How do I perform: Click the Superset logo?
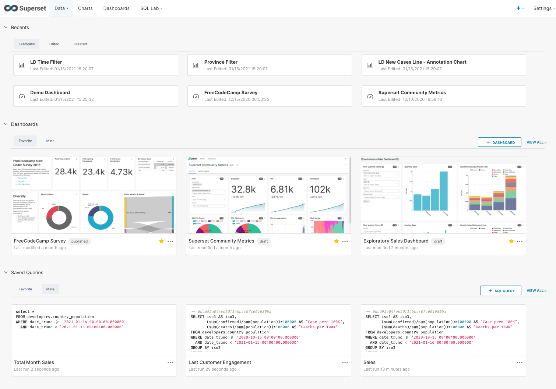tap(25, 8)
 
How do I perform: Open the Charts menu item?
tap(85, 8)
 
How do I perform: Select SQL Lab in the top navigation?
tap(149, 8)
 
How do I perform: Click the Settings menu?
tap(542, 8)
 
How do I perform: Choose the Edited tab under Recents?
tap(54, 44)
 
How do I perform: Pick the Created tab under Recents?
tap(80, 44)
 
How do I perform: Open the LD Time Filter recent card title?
tap(46, 62)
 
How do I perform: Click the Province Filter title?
tap(221, 62)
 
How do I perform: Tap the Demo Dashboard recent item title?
tap(50, 93)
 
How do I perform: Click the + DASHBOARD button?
tap(499, 142)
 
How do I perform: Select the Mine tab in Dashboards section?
tap(50, 141)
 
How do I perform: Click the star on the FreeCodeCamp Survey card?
tap(161, 241)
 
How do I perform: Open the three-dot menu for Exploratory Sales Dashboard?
tap(520, 241)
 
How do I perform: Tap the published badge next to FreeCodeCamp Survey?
tap(80, 241)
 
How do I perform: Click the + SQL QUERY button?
tap(501, 291)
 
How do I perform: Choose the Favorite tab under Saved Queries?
tap(25, 289)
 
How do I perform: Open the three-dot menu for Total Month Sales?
tap(170, 363)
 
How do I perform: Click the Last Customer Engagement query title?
tap(220, 363)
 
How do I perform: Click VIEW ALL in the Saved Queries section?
tap(536, 291)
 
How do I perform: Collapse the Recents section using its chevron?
tap(6, 27)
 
